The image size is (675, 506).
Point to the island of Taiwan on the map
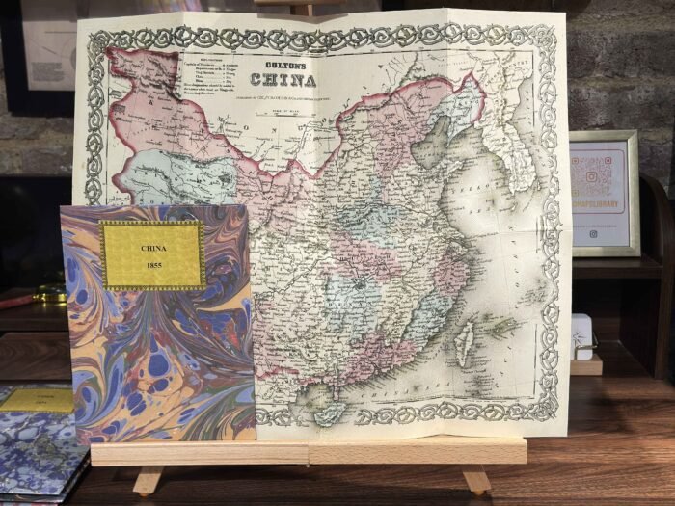(464, 337)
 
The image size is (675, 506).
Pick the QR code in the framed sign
(604, 177)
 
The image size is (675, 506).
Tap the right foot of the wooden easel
(475, 479)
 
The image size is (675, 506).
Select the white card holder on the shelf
(580, 337)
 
